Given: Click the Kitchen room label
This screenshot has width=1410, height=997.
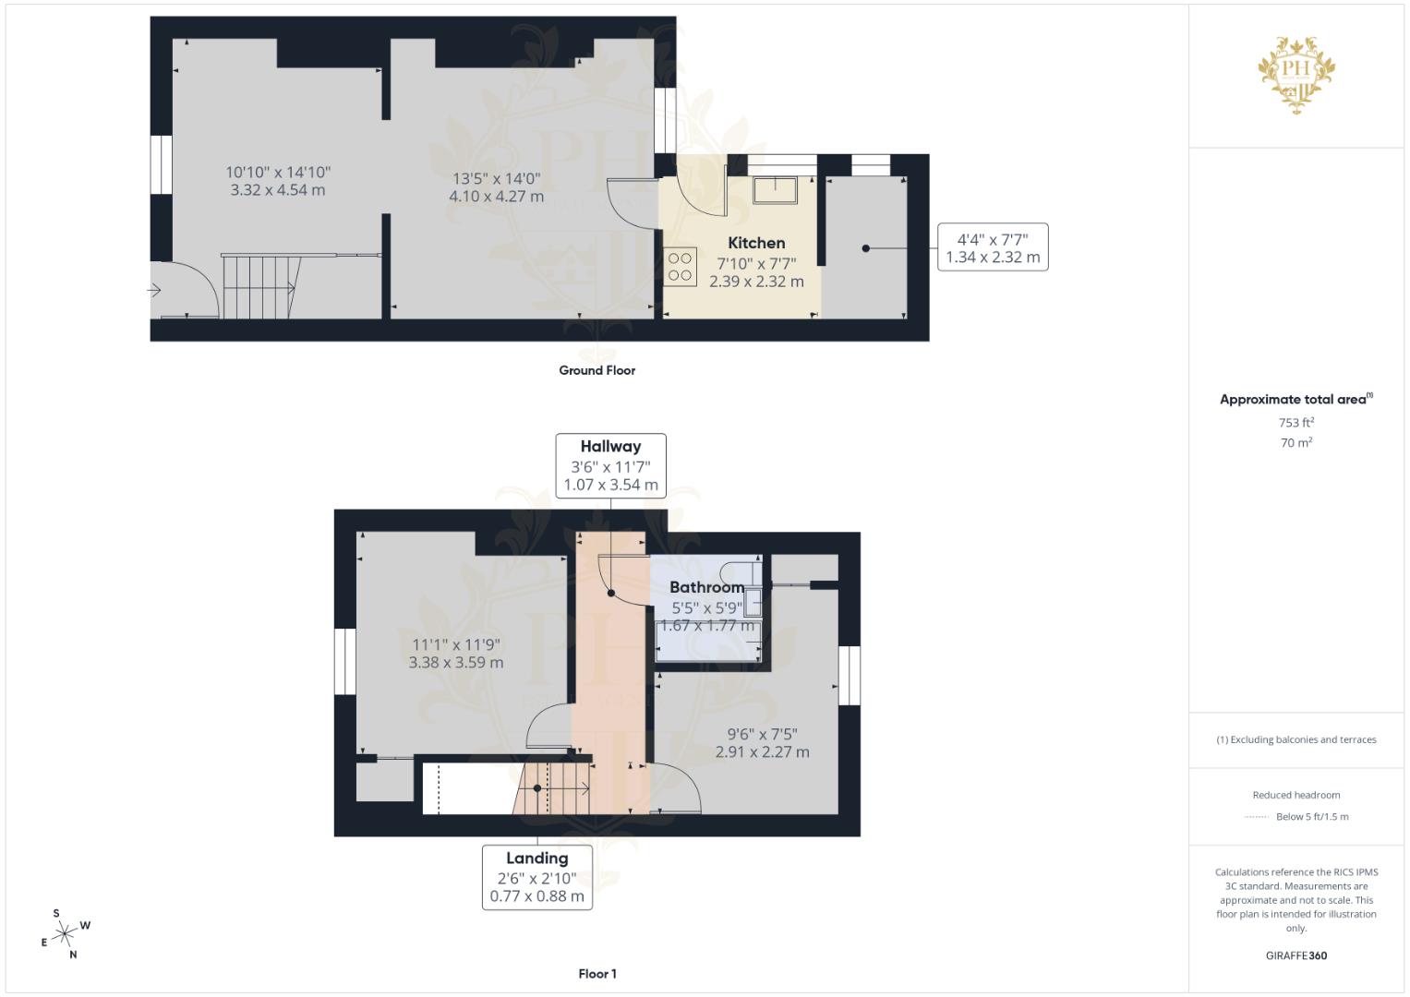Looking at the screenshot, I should [x=756, y=243].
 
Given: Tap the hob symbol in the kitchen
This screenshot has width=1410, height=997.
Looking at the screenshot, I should [x=681, y=267].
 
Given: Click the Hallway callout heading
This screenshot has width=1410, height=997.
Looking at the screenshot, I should [x=610, y=446].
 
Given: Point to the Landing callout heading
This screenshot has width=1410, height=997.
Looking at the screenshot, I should [x=536, y=858].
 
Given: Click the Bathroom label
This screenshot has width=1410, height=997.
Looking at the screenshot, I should [x=706, y=587].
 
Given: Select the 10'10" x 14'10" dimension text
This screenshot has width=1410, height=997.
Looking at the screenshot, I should [x=278, y=173].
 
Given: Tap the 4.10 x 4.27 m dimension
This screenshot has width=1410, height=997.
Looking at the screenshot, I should [x=496, y=197].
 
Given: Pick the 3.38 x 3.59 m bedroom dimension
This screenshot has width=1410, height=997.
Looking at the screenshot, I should [x=456, y=662].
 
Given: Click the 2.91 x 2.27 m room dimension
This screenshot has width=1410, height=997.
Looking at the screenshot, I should [x=762, y=751].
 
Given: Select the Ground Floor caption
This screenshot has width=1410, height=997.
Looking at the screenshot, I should [x=597, y=370].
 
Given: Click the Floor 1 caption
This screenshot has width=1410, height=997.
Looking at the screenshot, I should [x=597, y=974].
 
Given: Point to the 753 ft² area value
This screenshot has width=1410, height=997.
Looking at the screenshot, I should [x=1296, y=423].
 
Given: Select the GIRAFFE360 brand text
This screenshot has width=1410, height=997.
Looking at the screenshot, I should [x=1296, y=955].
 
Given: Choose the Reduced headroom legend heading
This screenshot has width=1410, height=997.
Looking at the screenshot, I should [x=1296, y=795].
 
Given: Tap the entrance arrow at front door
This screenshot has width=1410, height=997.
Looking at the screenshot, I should [x=154, y=291].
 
